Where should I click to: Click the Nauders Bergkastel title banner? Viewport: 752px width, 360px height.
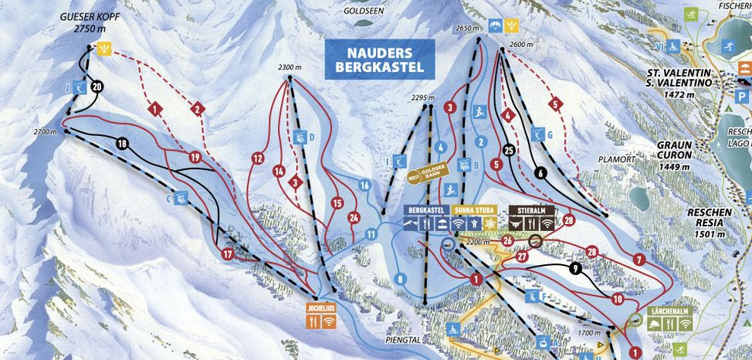coord(379,59)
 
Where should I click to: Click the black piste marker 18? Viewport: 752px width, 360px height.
coord(122,143)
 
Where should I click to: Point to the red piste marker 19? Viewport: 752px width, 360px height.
coord(195,158)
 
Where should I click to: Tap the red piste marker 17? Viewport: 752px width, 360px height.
coord(227,253)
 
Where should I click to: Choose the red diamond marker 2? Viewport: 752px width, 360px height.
coord(198,109)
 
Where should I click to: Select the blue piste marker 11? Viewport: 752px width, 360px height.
coord(371,234)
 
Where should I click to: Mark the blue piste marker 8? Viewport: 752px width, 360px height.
coord(400,279)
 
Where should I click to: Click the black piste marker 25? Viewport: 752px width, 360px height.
coord(508,150)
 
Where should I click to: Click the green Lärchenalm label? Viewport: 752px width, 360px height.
coord(669,312)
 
